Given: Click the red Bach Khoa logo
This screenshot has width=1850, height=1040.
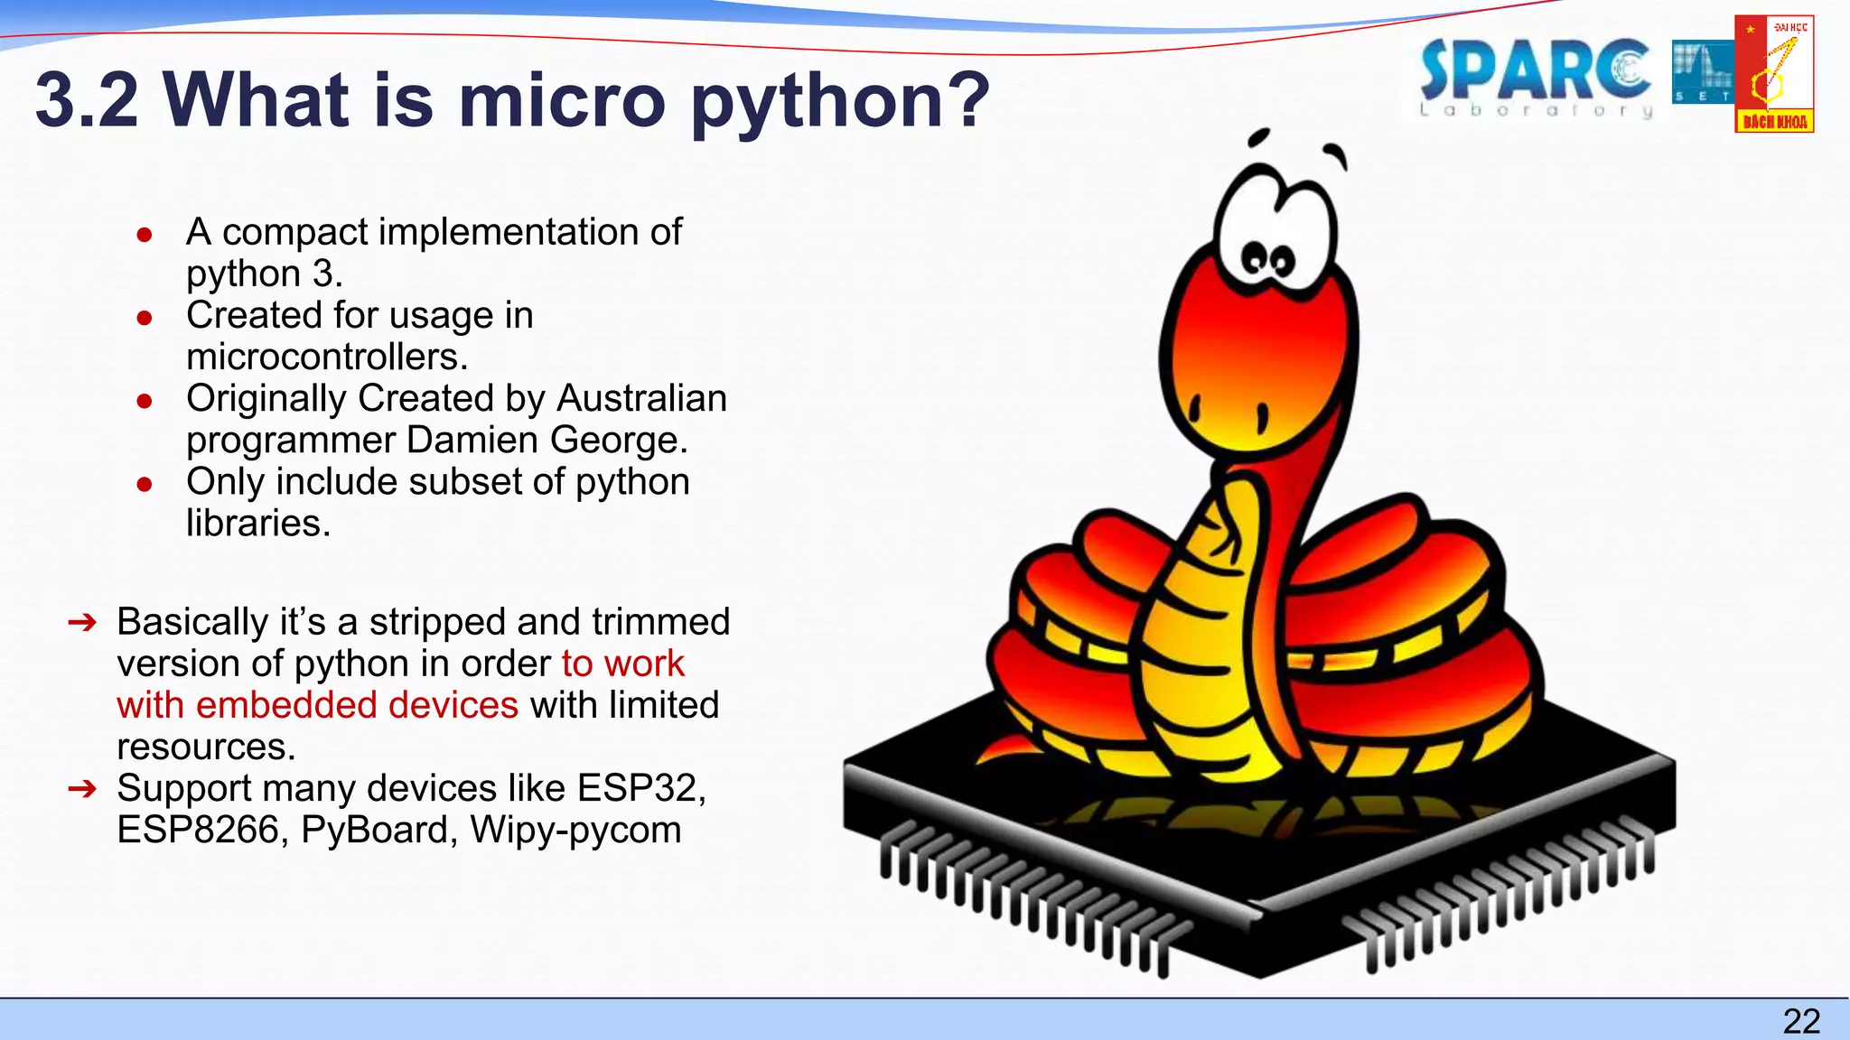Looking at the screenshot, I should point(1774,74).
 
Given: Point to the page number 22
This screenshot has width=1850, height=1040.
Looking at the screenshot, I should point(1801,1021).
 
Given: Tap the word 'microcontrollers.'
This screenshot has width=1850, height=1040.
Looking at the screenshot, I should point(327,357).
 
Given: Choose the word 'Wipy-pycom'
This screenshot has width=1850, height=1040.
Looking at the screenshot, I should point(575,830).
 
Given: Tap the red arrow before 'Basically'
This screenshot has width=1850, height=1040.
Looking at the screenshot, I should point(81,622).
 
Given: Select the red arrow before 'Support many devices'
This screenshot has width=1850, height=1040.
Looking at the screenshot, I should point(81,789).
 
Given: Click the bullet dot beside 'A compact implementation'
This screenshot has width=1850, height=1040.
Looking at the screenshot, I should point(145,235).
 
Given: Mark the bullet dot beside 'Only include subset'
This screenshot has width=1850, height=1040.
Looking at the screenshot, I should point(145,485).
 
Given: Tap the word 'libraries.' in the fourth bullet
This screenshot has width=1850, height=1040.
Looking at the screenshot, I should point(258,523).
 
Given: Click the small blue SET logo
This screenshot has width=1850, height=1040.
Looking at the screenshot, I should point(1701,72).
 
